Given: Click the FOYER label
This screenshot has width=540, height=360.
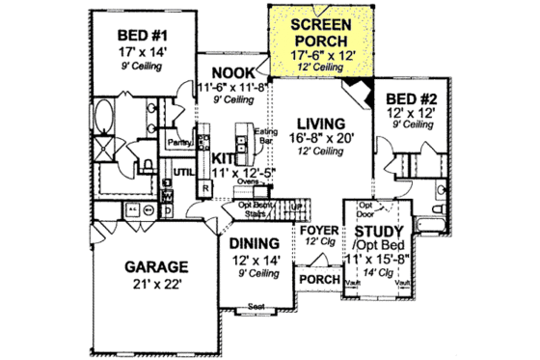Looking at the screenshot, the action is click(317, 231).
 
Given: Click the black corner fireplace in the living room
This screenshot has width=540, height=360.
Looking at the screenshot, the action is click(360, 94).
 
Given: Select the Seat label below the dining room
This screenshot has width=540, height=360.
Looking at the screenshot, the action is click(257, 306).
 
